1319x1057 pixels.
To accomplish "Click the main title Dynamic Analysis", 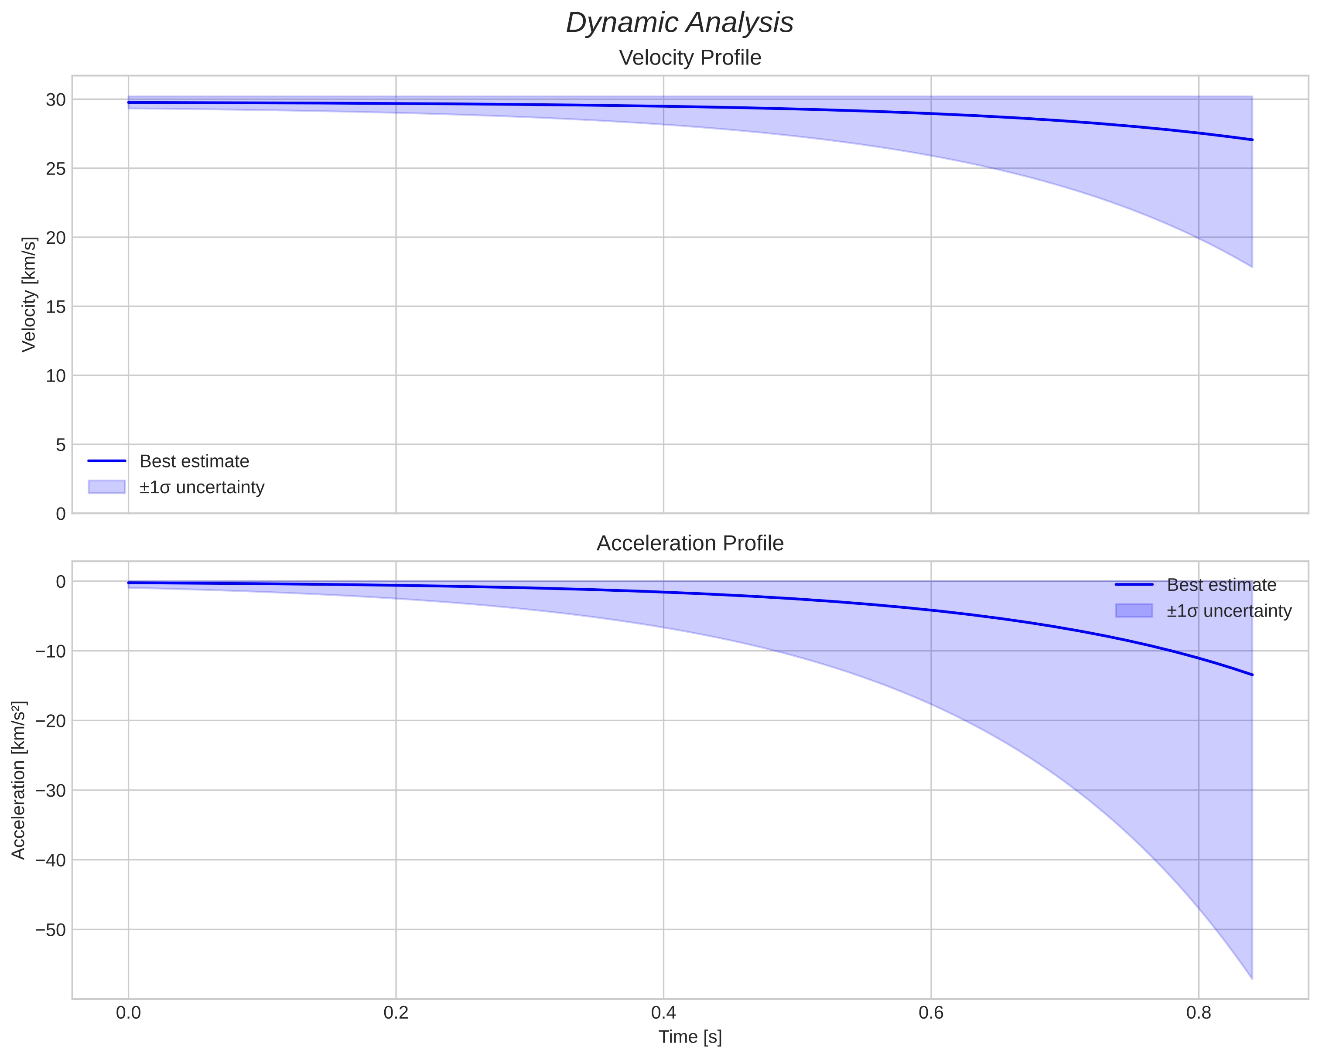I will pos(679,23).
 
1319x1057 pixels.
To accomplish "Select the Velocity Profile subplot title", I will pos(690,58).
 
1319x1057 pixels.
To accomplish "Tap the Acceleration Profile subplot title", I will pos(690,543).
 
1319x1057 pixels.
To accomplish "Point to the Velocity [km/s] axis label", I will pos(29,294).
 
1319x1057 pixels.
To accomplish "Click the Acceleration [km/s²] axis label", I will pos(18,780).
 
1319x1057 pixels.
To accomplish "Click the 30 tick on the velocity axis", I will pos(56,100).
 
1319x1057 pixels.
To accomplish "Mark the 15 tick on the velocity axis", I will pos(56,307).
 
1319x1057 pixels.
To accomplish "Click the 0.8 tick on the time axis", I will pos(1199,1013).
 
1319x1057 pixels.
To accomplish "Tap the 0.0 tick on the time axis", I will pos(129,1013).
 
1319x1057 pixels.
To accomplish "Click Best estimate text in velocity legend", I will pos(194,461).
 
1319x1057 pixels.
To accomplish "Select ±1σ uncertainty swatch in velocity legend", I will pos(106,487).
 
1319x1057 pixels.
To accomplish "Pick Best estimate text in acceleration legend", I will pos(1221,585).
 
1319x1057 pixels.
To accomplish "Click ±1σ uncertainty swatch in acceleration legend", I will pos(1134,610).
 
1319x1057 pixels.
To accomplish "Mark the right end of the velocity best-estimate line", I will pos(1252,140).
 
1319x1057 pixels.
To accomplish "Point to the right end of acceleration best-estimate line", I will pos(1252,675).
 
